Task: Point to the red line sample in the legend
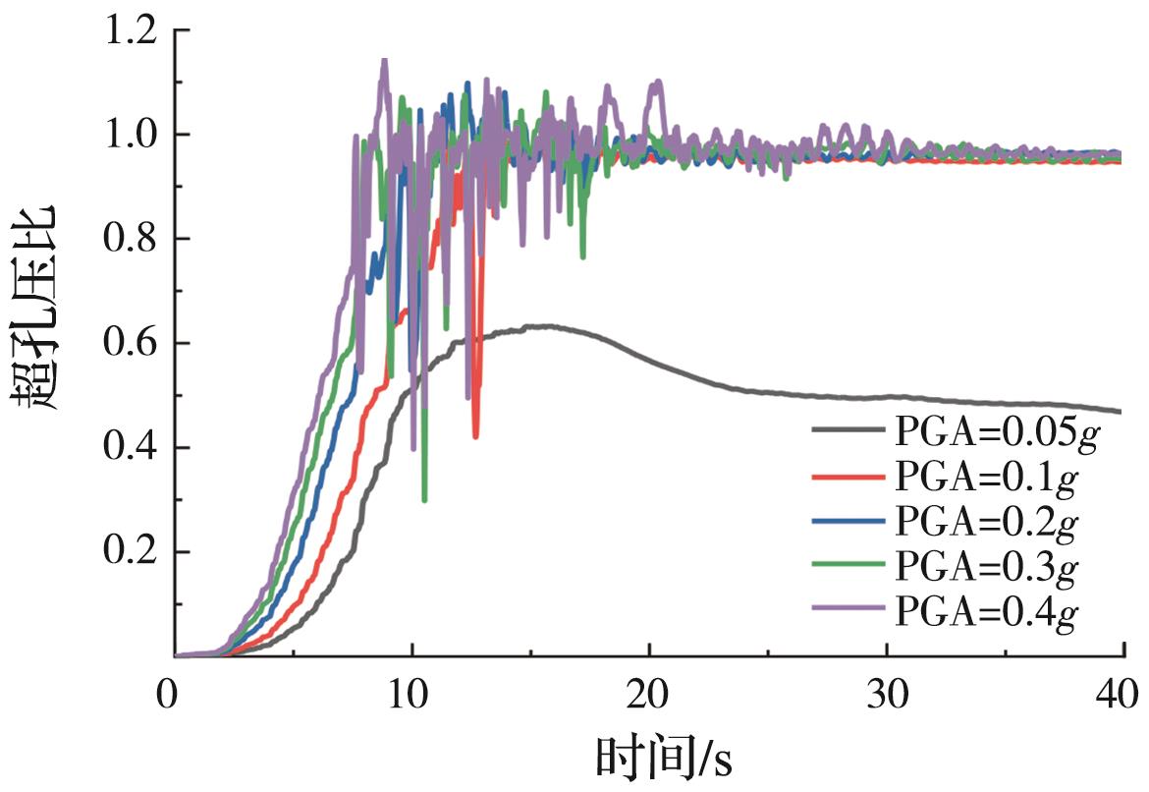[848, 477]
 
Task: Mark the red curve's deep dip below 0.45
[475, 435]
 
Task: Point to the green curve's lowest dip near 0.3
[424, 499]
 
